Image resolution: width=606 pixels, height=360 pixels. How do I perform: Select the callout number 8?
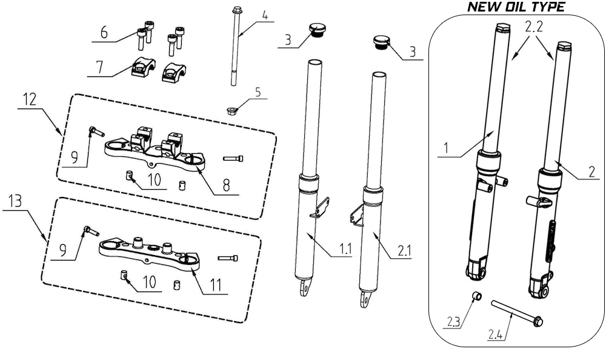pyautogui.click(x=225, y=185)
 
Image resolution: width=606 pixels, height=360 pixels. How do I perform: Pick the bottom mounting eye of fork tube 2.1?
pyautogui.click(x=365, y=298)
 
